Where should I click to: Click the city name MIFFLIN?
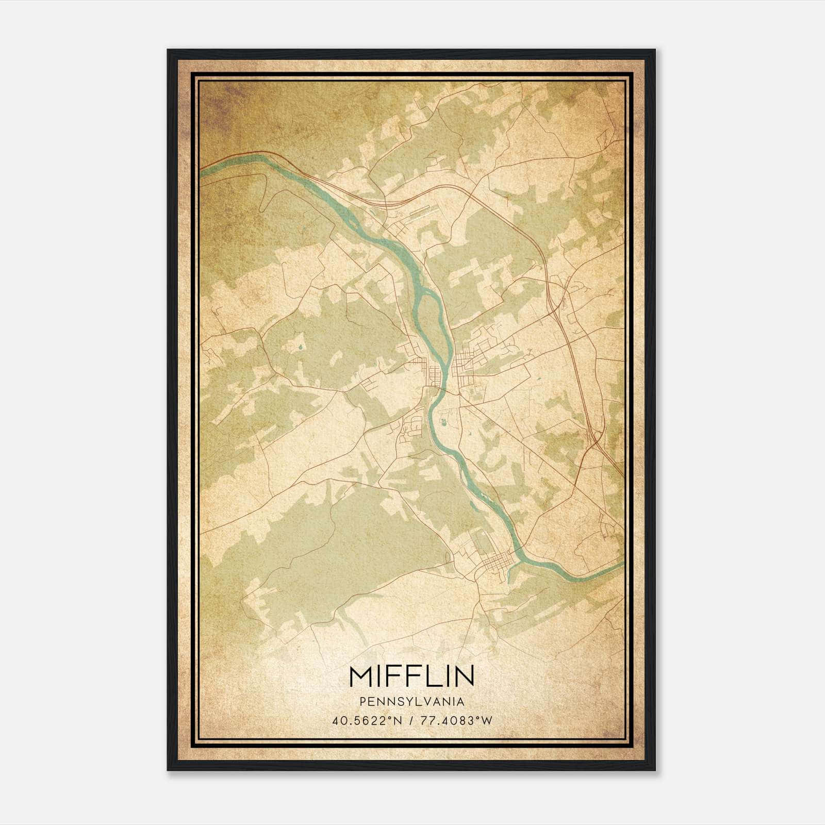click(x=411, y=676)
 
